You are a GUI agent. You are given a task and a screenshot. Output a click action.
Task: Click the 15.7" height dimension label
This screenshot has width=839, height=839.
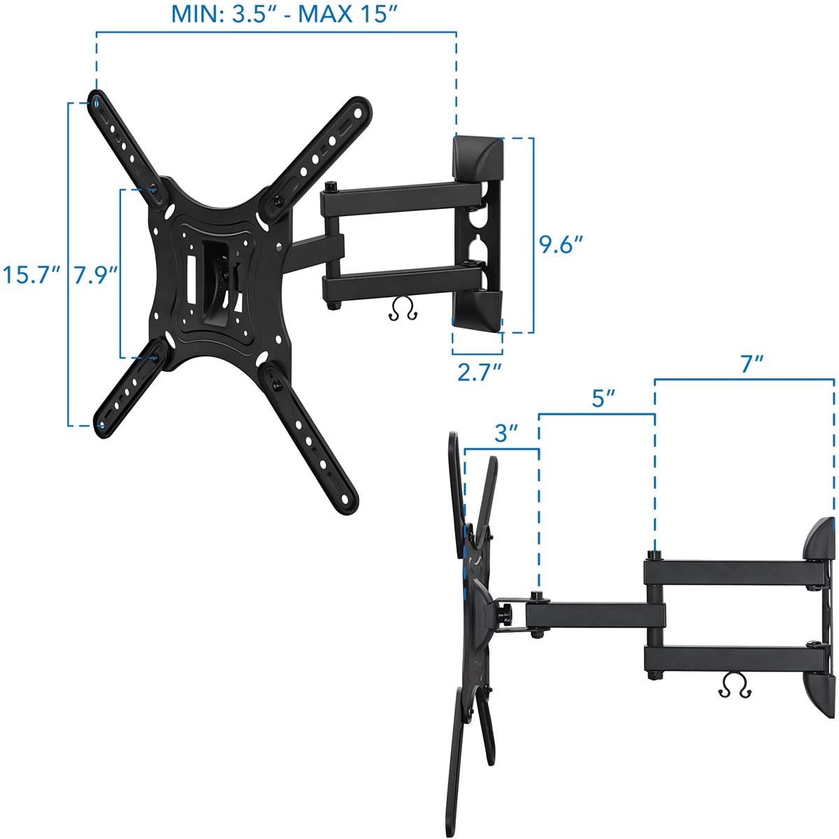tap(31, 275)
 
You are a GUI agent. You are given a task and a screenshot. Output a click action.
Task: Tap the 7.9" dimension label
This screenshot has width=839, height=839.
tap(96, 275)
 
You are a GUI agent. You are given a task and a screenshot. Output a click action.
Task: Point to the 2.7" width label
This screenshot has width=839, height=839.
tap(480, 372)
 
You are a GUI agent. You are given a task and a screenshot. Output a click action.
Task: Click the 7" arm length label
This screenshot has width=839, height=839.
tap(752, 364)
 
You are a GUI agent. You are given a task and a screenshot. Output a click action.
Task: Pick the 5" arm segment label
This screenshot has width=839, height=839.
tap(603, 398)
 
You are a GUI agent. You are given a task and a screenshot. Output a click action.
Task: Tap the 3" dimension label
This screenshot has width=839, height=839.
tap(506, 433)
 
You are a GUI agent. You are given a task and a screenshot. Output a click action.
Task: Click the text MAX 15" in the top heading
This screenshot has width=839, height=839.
tap(348, 14)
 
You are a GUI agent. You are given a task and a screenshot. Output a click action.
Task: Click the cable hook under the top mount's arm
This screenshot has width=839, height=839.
tap(403, 309)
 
